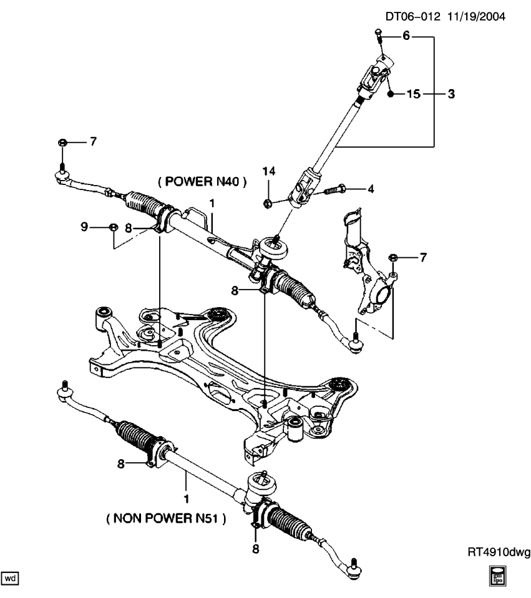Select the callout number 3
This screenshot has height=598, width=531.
point(450,95)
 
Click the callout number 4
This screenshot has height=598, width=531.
point(370,188)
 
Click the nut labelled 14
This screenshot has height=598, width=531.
point(267,202)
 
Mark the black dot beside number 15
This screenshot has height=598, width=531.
point(390,95)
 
